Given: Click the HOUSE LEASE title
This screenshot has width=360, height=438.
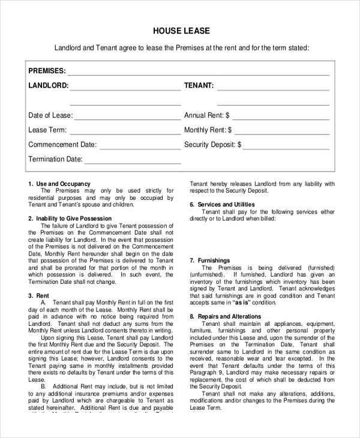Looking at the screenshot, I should (x=181, y=31).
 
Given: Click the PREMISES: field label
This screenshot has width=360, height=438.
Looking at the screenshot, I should (x=47, y=71).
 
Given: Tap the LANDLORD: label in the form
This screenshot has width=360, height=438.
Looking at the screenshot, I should (x=48, y=86).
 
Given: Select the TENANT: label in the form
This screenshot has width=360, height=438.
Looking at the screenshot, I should (x=199, y=86).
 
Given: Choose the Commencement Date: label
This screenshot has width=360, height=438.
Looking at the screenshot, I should (x=62, y=145).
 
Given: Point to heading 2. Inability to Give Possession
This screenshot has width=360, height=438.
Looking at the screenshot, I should (x=70, y=218).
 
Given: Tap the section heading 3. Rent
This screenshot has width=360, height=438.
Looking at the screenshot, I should (x=38, y=295).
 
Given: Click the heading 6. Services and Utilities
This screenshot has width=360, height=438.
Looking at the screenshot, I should (x=222, y=205).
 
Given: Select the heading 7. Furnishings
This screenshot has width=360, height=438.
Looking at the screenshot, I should (x=209, y=260).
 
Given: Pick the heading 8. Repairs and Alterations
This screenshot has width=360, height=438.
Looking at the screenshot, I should (x=225, y=316).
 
